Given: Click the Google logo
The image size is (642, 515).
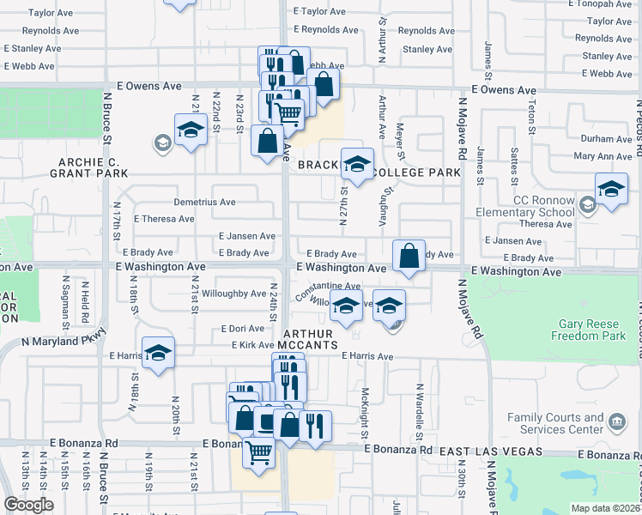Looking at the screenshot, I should pos(28,505).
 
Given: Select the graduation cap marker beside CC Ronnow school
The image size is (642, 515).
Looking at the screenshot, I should pos(611,190).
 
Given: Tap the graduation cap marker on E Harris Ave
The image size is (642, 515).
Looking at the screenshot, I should pos(159,353).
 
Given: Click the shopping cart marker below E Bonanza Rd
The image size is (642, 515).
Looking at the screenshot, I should pos(258,452).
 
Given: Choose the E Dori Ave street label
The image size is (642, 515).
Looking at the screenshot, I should pos(242,329).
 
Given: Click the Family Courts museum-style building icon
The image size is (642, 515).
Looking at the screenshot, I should pos(617,421).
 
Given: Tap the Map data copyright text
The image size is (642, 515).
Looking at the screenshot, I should pos(604,508).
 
